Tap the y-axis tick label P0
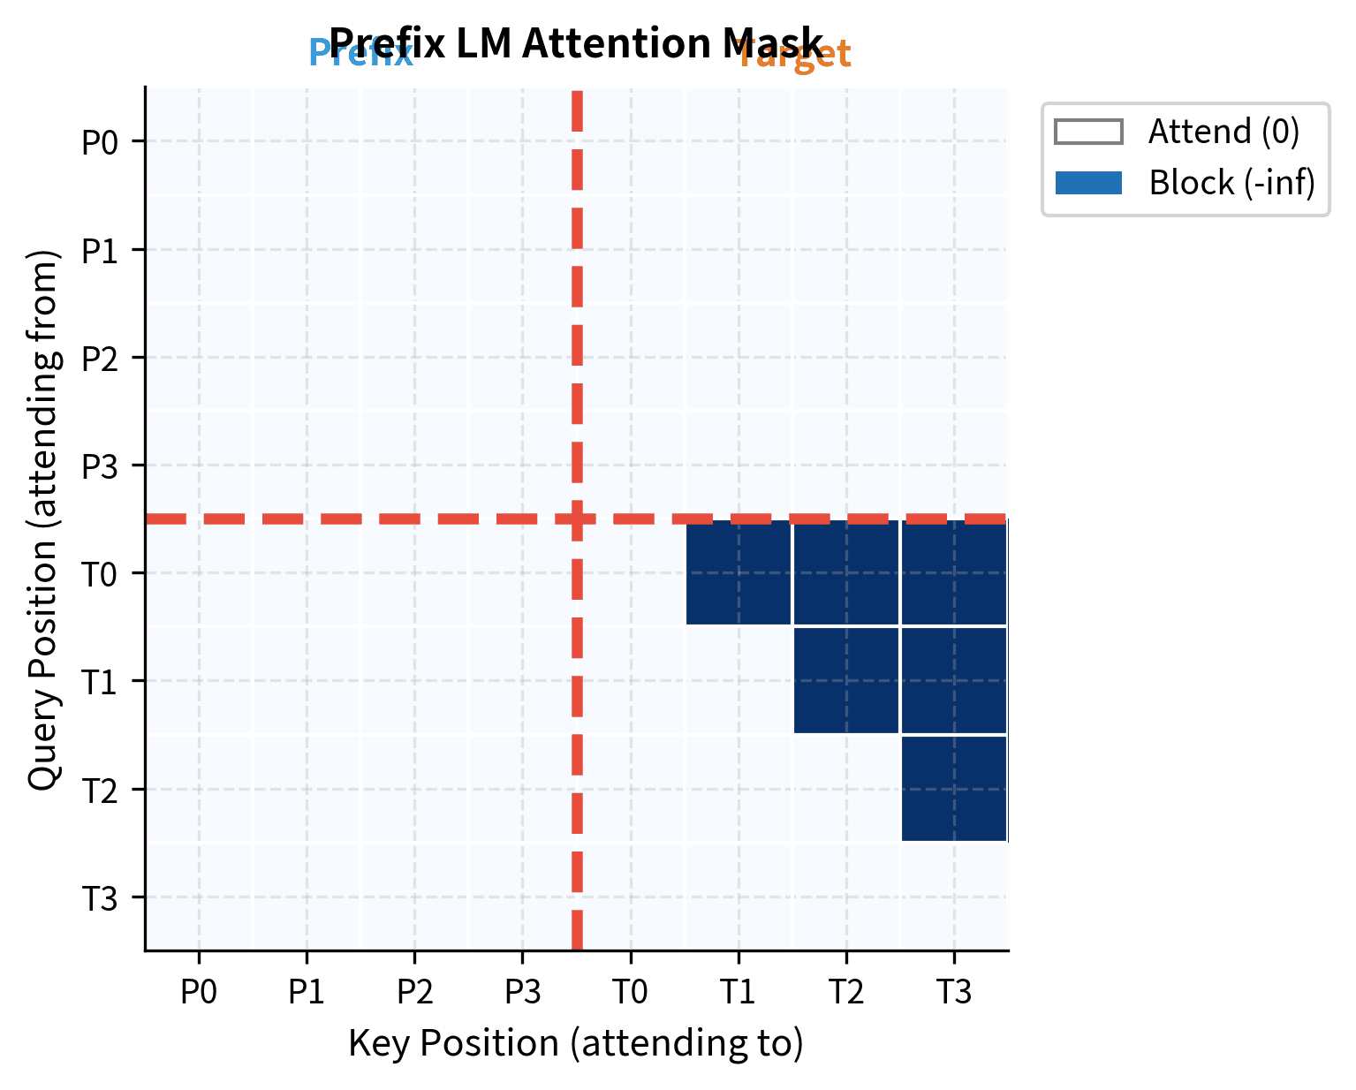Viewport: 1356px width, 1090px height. (100, 142)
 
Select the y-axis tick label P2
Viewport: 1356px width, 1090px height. (100, 359)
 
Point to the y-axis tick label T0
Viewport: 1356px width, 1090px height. (100, 575)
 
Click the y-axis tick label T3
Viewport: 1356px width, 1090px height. (100, 899)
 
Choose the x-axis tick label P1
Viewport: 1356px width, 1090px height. (307, 992)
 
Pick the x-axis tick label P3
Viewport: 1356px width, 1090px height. (522, 992)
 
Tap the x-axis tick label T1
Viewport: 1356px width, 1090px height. (738, 992)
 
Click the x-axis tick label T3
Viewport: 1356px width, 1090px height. (954, 992)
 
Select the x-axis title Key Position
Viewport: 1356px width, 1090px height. (576, 1043)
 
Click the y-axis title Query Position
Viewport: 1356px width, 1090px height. (42, 519)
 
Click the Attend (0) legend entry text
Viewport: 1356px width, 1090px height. (1223, 132)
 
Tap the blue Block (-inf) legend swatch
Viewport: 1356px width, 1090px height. (1088, 183)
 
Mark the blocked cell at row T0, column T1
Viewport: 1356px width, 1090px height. (739, 572)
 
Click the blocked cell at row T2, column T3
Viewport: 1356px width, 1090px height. (954, 789)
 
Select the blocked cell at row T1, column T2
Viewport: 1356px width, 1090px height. (846, 680)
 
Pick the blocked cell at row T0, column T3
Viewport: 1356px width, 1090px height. (954, 572)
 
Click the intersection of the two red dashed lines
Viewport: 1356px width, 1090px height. (577, 519)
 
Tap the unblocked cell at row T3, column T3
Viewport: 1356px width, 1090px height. (954, 897)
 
